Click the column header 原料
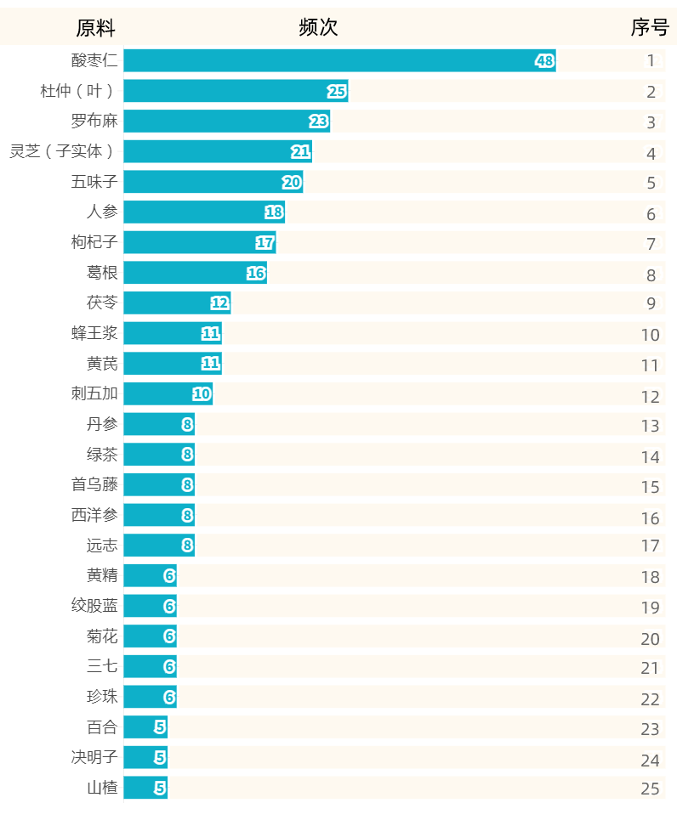[x=95, y=28]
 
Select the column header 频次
[x=318, y=28]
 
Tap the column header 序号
[x=649, y=28]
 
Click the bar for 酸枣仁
[x=338, y=61]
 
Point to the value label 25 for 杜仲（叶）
[x=337, y=92]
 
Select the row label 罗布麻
[x=94, y=122]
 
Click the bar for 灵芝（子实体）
[x=217, y=152]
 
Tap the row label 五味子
[x=94, y=182]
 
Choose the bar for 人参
[x=203, y=212]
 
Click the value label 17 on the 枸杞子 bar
[x=265, y=243]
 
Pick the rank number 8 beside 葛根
[x=651, y=274]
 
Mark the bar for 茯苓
[x=177, y=303]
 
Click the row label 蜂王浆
[x=94, y=333]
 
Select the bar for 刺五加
[x=168, y=394]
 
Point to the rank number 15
[x=650, y=487]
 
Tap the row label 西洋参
[x=94, y=515]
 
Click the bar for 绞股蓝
[x=150, y=606]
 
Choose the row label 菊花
[x=102, y=636]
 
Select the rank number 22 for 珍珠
[x=650, y=699]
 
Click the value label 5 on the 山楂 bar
[x=160, y=788]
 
